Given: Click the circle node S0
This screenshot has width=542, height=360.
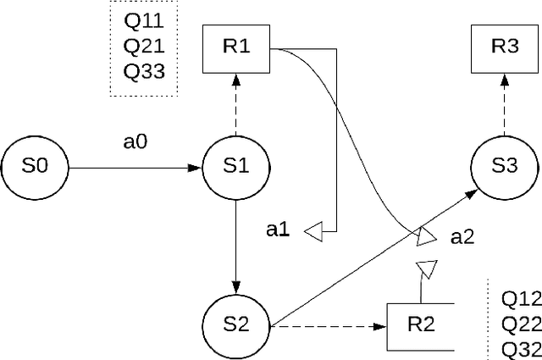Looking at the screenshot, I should tap(35, 168).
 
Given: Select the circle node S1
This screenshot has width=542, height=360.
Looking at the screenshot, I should tap(235, 168).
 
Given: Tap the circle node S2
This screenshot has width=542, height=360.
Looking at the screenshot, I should tap(235, 324).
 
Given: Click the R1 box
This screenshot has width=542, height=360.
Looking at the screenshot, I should tap(235, 47).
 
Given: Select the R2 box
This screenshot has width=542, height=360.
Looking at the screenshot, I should tap(421, 326).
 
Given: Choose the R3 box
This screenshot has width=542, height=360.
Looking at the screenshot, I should tap(505, 47).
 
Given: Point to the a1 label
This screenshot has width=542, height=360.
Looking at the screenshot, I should tap(278, 230).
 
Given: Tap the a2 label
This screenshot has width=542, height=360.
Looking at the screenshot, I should tap(462, 238).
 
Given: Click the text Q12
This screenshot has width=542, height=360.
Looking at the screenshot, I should tap(519, 298).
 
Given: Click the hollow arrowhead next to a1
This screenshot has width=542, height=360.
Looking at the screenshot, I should tap(313, 230).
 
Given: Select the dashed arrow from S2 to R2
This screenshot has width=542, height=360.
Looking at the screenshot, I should tap(326, 326).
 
